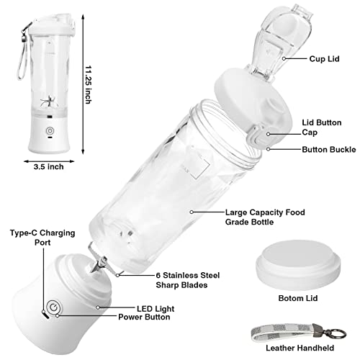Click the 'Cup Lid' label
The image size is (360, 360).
coord(324,59)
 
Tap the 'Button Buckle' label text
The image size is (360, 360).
coord(329,150)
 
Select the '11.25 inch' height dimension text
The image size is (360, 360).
coord(89,84)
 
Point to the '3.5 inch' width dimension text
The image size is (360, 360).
coord(49,166)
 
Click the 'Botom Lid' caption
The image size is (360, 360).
coord(298,298)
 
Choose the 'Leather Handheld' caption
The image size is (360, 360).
coord(300,348)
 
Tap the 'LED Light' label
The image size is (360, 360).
coord(156,309)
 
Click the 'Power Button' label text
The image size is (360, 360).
coord(144,317)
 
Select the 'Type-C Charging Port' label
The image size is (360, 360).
coord(42,238)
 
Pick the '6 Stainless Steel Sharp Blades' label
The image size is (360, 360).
coord(188,280)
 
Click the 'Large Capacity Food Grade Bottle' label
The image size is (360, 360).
coord(265,217)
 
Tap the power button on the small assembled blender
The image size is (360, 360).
coord(50,131)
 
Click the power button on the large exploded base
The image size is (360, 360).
coord(53,307)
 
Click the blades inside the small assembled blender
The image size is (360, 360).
coord(49,102)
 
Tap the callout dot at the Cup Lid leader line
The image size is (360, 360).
coord(284,58)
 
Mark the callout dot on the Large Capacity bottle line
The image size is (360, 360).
coord(192,212)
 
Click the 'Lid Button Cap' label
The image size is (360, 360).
coord(322,127)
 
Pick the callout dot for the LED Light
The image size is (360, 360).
coord(98,307)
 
